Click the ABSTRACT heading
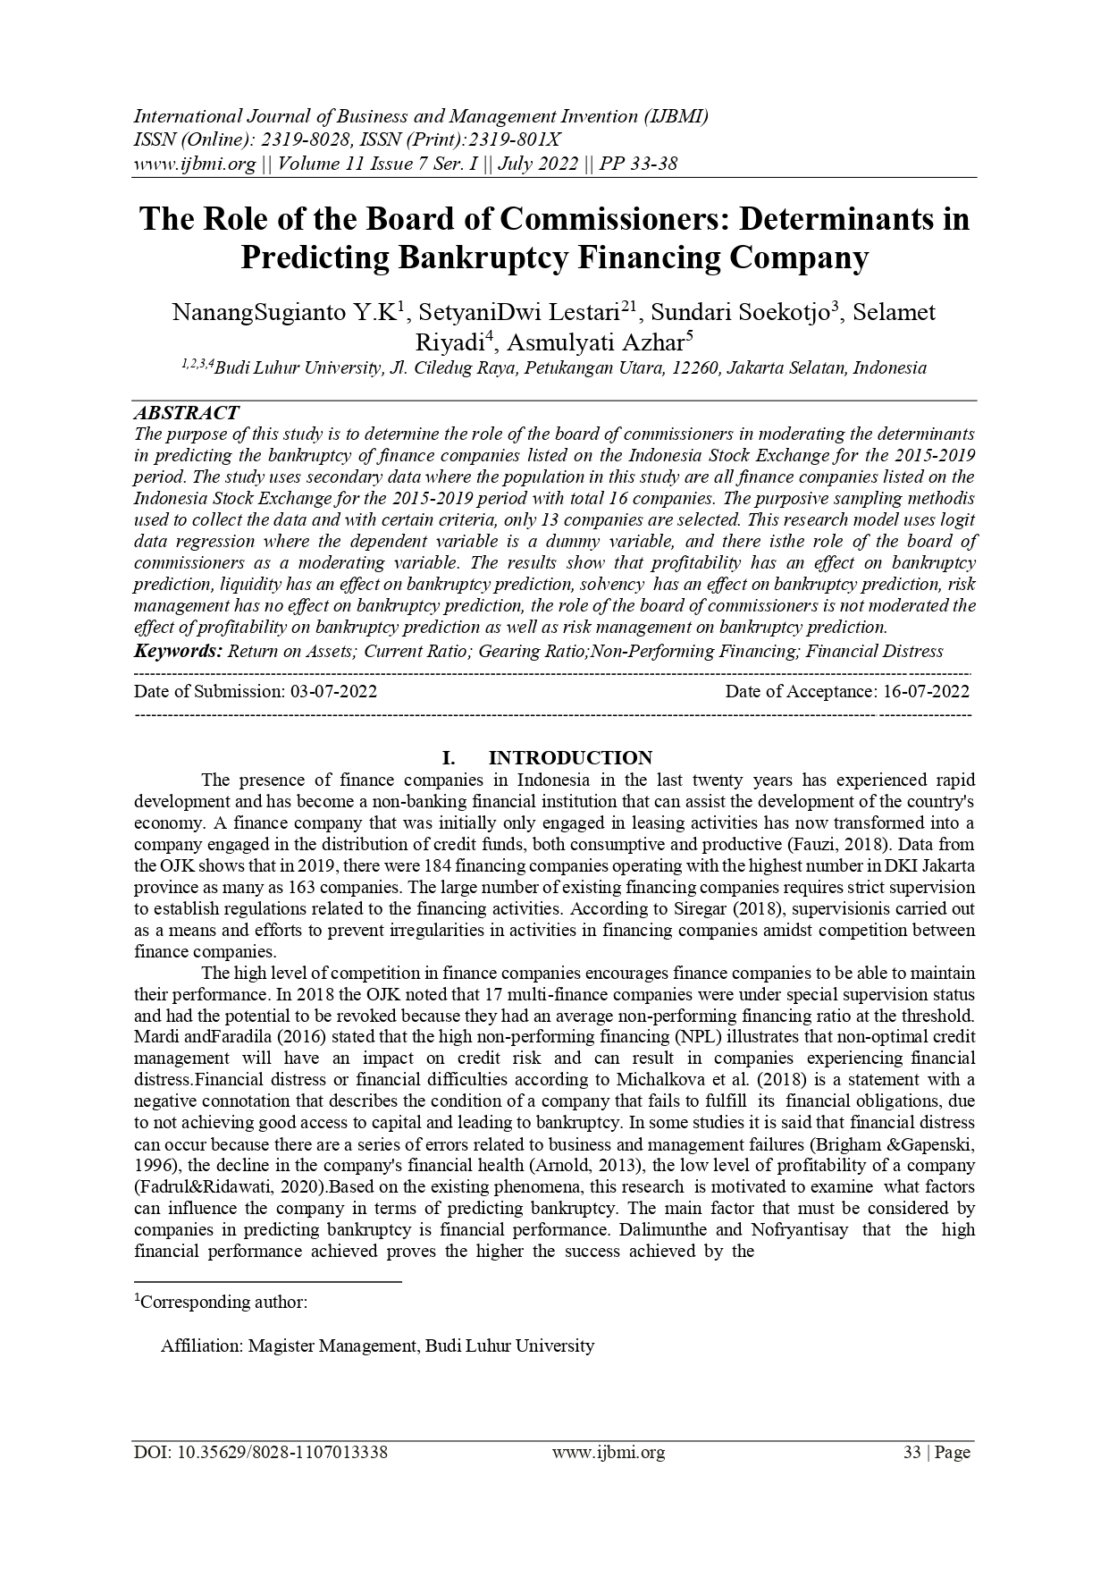[x=186, y=413]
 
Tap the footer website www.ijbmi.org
[x=608, y=1453]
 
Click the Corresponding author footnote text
[x=223, y=1302]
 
